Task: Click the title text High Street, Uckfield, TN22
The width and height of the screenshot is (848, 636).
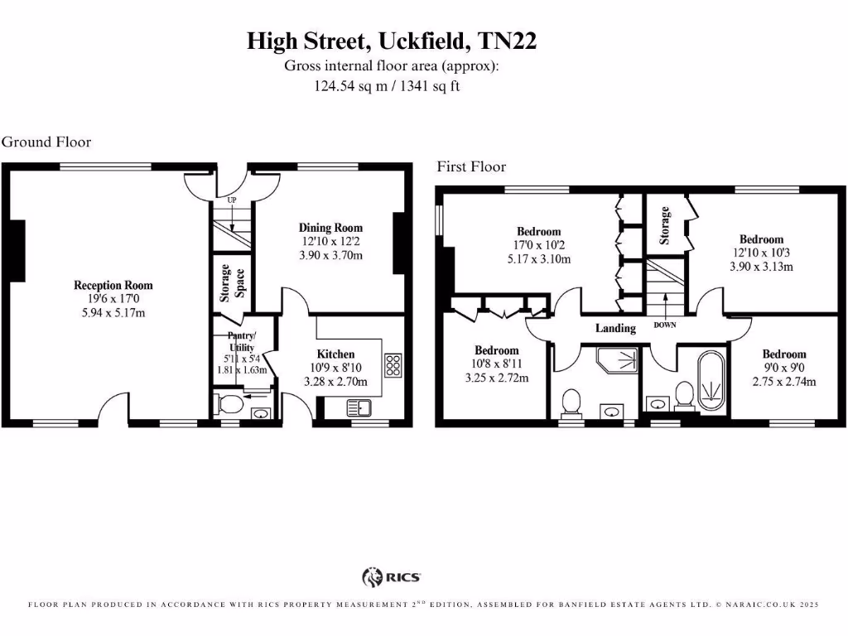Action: (x=392, y=41)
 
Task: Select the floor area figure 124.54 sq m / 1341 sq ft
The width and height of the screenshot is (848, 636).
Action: (x=386, y=85)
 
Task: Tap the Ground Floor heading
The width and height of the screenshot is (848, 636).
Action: (x=46, y=142)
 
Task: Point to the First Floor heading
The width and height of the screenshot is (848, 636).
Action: (x=471, y=166)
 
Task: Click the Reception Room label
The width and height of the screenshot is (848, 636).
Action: (x=113, y=286)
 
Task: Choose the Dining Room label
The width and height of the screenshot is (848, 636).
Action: (x=330, y=228)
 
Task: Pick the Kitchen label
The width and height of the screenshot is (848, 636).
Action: (x=335, y=354)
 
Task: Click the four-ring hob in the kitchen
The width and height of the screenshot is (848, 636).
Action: (x=393, y=364)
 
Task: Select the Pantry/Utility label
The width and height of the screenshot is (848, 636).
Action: (x=242, y=341)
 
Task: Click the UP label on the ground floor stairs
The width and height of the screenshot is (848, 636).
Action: (x=233, y=200)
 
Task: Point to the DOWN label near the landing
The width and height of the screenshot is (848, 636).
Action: (x=665, y=325)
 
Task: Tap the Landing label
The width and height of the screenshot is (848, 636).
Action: (x=615, y=328)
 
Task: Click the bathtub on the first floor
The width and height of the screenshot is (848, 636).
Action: (x=711, y=382)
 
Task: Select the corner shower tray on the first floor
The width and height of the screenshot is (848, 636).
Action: (x=617, y=361)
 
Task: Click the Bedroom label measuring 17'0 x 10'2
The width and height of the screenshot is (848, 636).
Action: (x=538, y=232)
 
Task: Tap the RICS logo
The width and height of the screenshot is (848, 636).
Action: (x=392, y=576)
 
